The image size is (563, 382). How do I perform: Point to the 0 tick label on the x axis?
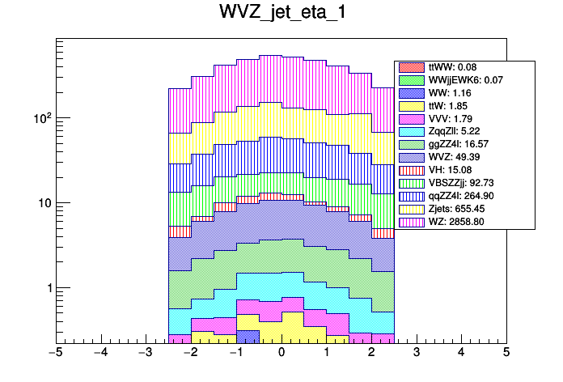pyautogui.click(x=281, y=353)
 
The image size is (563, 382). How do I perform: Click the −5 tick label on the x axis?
pyautogui.click(x=55, y=353)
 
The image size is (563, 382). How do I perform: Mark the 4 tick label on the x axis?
pyautogui.click(x=461, y=353)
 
